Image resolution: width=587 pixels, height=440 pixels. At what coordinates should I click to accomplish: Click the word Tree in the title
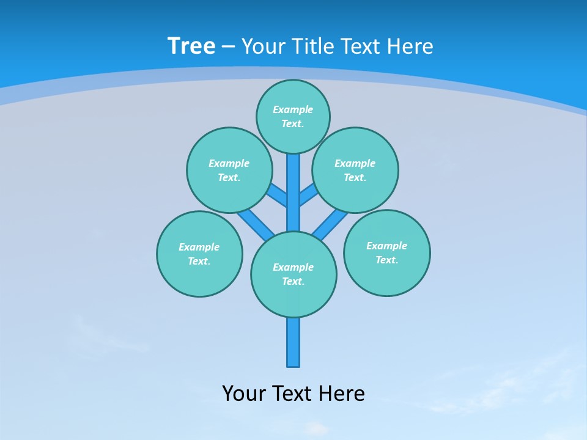coord(191,46)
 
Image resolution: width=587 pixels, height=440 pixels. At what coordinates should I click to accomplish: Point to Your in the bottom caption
coord(244,393)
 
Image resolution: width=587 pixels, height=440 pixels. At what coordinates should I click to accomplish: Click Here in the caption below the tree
coord(341,393)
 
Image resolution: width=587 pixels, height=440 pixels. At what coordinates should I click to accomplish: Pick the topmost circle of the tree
coord(293,116)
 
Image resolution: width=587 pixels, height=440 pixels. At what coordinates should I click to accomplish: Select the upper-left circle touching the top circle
coord(229,170)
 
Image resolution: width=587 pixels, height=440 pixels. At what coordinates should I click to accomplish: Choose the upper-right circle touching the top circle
coord(355,170)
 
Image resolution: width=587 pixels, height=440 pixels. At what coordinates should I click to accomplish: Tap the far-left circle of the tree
coord(199,254)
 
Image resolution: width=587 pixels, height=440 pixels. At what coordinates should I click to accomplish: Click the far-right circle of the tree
coord(386,252)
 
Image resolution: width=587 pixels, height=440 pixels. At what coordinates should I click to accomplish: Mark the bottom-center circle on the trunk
coord(293,274)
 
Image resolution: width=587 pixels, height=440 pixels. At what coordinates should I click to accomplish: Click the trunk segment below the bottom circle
coord(293,342)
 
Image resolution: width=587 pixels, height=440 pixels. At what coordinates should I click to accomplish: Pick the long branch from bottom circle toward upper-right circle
coord(330,223)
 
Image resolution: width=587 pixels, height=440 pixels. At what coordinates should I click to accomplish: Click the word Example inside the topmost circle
coord(293,109)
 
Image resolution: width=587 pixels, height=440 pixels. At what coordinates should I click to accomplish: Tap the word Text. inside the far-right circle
coord(386,260)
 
